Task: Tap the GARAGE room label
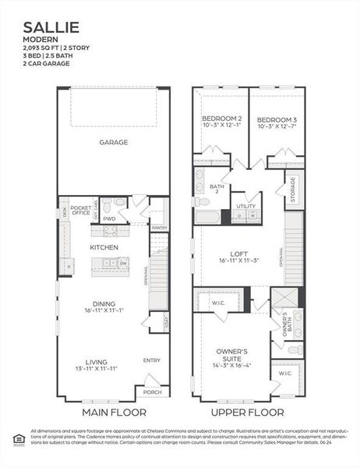113,142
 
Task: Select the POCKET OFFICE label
81,210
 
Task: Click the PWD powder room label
109,219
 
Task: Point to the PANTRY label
159,227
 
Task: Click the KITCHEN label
104,247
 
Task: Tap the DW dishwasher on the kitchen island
123,264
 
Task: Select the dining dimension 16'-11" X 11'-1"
104,310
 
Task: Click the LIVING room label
97,361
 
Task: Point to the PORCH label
153,392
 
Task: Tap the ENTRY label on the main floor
152,360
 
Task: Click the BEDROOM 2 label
221,119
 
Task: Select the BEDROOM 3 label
276,119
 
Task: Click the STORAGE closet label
293,186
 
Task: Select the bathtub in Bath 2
207,217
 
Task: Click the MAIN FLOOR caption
111,412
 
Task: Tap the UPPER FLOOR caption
249,412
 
